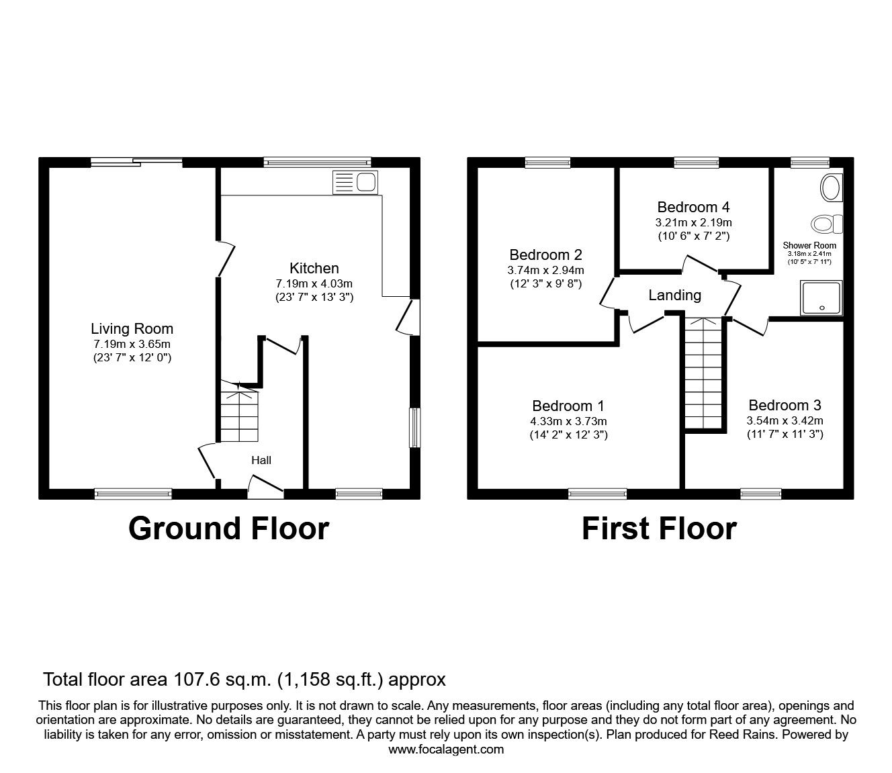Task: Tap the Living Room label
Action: pyautogui.click(x=132, y=328)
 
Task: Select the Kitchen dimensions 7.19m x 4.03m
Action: pyautogui.click(x=314, y=283)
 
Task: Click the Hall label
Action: pyautogui.click(x=261, y=460)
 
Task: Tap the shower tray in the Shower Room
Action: pyautogui.click(x=821, y=298)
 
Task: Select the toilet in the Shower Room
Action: pyautogui.click(x=826, y=223)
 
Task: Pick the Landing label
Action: pyautogui.click(x=674, y=295)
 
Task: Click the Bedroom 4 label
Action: pyautogui.click(x=693, y=207)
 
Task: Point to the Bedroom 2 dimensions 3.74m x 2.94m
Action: pyautogui.click(x=545, y=270)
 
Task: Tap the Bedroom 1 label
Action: pyautogui.click(x=568, y=406)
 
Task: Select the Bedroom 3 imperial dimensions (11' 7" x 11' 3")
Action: pyautogui.click(x=785, y=435)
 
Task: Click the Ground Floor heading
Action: pyautogui.click(x=228, y=529)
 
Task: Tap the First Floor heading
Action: pyautogui.click(x=658, y=529)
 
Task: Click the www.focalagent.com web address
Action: pyautogui.click(x=446, y=749)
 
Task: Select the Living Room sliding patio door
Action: pyautogui.click(x=136, y=161)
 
